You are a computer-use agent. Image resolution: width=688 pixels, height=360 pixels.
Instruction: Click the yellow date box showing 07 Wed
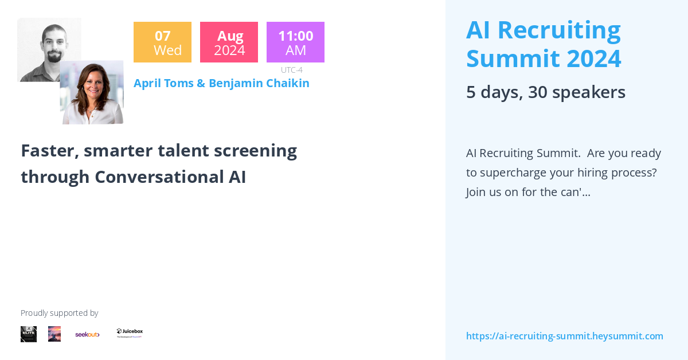point(162,42)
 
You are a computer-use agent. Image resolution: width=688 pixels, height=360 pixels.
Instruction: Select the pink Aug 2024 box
point(229,42)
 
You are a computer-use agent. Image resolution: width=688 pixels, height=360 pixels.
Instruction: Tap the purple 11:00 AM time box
point(295,42)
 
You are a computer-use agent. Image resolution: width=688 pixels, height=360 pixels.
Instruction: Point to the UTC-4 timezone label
point(291,70)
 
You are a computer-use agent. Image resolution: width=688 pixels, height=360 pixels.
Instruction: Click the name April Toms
point(163,83)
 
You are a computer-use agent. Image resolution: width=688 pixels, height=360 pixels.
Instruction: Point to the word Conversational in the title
point(156,177)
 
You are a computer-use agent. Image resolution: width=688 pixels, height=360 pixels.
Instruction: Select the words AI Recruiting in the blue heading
point(543,30)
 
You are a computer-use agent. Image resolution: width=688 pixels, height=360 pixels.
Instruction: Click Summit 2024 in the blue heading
point(543,58)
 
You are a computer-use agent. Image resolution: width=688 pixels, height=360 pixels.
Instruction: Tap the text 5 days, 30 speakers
point(545,92)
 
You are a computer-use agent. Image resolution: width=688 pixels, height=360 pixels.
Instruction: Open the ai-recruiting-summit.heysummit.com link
point(564,336)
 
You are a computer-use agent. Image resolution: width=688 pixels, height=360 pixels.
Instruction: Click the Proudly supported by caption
point(59,313)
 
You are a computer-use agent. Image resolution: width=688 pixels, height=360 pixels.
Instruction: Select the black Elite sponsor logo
point(29,334)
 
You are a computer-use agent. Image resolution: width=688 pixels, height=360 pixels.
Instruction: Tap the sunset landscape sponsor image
point(54,334)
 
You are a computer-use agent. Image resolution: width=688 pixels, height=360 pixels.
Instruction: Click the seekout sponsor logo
point(87,334)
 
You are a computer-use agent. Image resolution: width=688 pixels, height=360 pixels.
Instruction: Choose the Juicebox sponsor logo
point(130,333)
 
